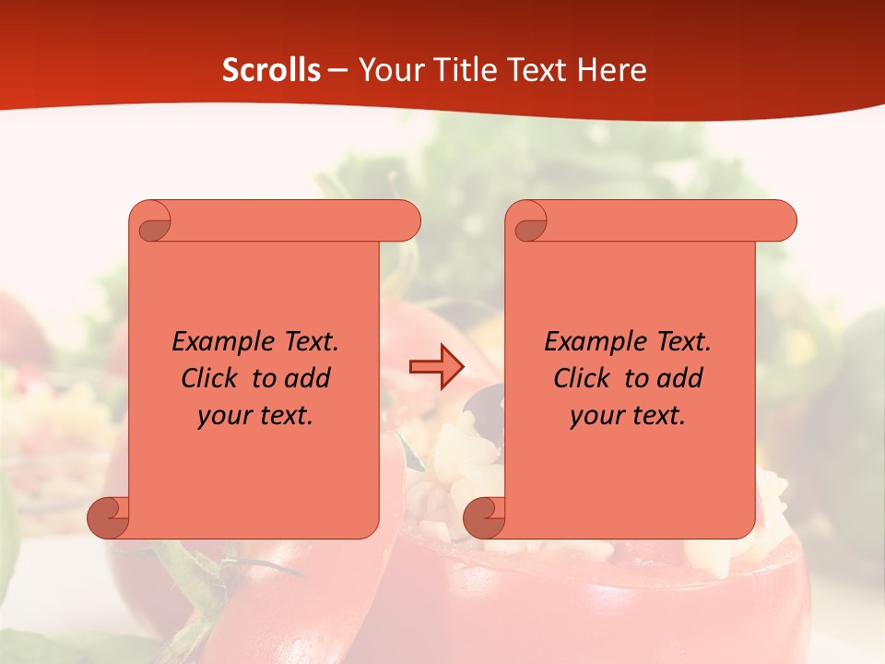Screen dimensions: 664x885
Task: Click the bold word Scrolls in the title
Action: coord(271,70)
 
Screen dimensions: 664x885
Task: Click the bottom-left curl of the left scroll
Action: coord(108,516)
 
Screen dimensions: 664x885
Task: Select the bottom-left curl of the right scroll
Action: coord(483,516)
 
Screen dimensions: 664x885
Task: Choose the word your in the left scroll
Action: coord(223,416)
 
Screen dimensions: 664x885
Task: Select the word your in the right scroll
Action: coord(596,416)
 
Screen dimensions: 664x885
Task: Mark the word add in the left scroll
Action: coord(307,378)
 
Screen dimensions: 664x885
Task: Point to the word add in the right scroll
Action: coord(679,378)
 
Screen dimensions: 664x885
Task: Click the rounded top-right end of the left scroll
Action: coord(406,221)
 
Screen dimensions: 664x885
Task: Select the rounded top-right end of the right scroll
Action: coord(782,221)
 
